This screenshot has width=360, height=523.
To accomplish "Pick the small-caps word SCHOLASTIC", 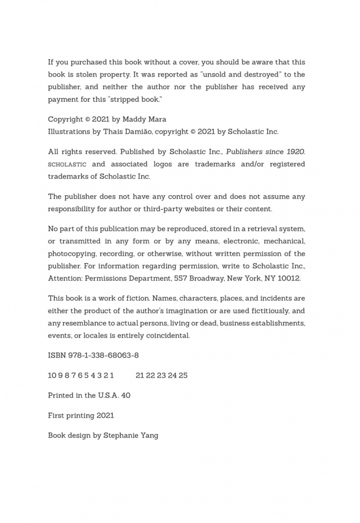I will pyautogui.click(x=67, y=165).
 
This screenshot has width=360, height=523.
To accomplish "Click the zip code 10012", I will pyautogui.click(x=290, y=278).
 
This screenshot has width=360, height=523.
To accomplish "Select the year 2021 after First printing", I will pyautogui.click(x=105, y=415).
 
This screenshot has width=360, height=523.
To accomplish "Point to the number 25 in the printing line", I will pyautogui.click(x=183, y=375).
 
